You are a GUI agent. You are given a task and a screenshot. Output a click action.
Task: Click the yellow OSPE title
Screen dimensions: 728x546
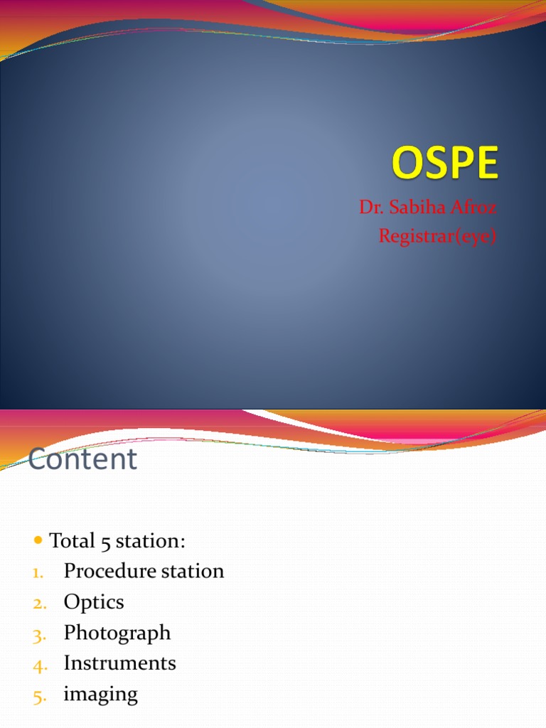(445, 165)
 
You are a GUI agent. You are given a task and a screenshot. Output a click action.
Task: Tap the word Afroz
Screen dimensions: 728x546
(471, 208)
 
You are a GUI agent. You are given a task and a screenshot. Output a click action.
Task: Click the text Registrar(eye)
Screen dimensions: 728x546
(437, 235)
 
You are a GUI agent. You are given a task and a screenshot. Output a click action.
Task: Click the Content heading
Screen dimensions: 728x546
(82, 459)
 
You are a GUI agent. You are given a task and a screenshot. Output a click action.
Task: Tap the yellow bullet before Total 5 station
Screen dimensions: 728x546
(38, 541)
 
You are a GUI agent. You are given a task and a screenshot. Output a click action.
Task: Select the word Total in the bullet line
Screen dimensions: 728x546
(72, 541)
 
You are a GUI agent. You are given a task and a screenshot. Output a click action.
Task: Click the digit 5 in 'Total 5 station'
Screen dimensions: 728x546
(105, 542)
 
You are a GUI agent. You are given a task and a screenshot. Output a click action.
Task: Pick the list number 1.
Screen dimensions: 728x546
(38, 572)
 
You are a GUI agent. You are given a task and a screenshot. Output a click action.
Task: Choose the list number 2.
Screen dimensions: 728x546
(39, 604)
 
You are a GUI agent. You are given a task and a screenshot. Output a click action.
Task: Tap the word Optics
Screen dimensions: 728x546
(94, 602)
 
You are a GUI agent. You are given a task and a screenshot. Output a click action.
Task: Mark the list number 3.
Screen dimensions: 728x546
(39, 634)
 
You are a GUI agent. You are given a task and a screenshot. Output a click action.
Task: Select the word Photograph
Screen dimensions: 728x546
(117, 633)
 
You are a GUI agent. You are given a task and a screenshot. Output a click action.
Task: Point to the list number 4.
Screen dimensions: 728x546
(39, 665)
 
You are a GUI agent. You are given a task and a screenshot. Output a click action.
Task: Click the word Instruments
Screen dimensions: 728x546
(119, 663)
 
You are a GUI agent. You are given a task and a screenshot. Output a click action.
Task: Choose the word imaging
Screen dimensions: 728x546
(100, 695)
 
